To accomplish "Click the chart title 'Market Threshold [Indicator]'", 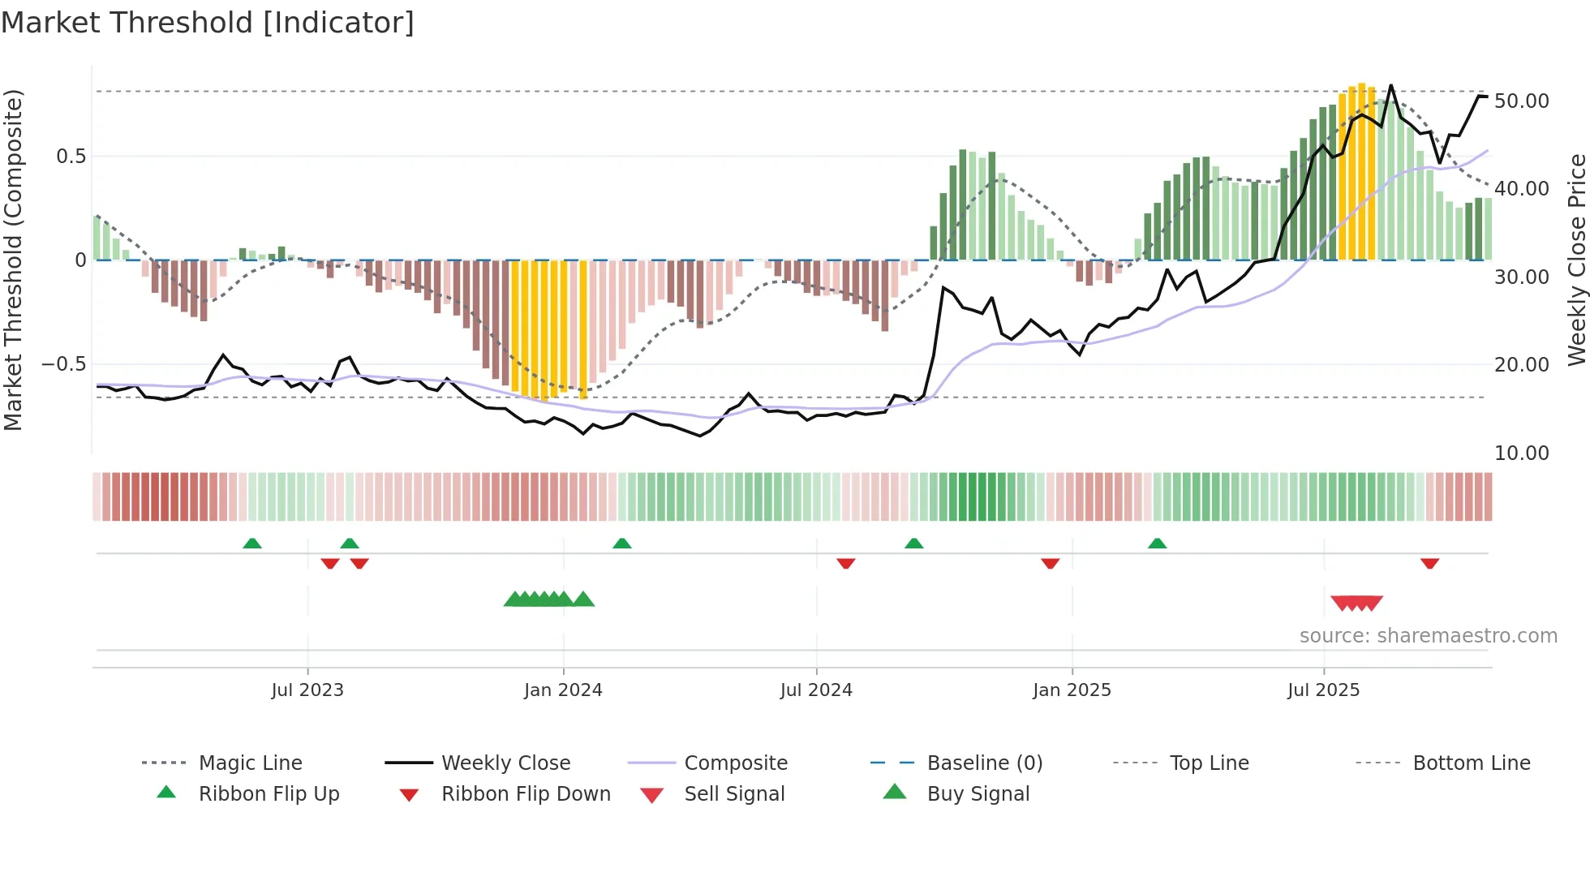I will pyautogui.click(x=208, y=23).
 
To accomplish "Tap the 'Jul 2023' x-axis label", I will pyautogui.click(x=307, y=690).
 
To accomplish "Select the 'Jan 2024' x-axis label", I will pyautogui.click(x=563, y=690).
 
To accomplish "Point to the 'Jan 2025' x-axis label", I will pyautogui.click(x=1072, y=690).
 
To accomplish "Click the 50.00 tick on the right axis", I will pyautogui.click(x=1521, y=101).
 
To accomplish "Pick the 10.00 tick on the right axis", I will pyautogui.click(x=1521, y=453).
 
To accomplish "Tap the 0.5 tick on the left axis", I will pyautogui.click(x=71, y=157).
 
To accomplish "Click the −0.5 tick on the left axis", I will pyautogui.click(x=63, y=364).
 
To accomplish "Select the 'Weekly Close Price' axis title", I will pyautogui.click(x=1576, y=260).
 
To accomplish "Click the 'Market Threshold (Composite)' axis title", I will pyautogui.click(x=13, y=260).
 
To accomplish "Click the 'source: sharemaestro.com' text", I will pyautogui.click(x=1428, y=636).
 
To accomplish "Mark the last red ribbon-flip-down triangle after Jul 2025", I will pyautogui.click(x=1429, y=563).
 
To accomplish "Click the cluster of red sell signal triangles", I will pyautogui.click(x=1356, y=603).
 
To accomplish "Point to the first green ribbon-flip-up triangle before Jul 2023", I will pyautogui.click(x=252, y=544).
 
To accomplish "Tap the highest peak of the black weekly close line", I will pyautogui.click(x=1391, y=85).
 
